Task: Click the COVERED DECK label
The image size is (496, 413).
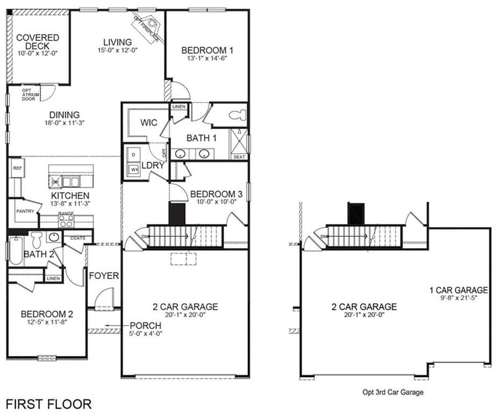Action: [38, 42]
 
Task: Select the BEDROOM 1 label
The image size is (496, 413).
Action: [207, 51]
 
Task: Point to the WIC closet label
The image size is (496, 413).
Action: [149, 122]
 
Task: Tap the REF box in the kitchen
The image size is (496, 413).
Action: [17, 168]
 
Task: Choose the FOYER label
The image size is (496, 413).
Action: [104, 275]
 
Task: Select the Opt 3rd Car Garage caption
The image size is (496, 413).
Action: [392, 392]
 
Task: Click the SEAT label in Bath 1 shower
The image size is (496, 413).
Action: [239, 157]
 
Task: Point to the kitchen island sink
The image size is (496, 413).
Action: [70, 181]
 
